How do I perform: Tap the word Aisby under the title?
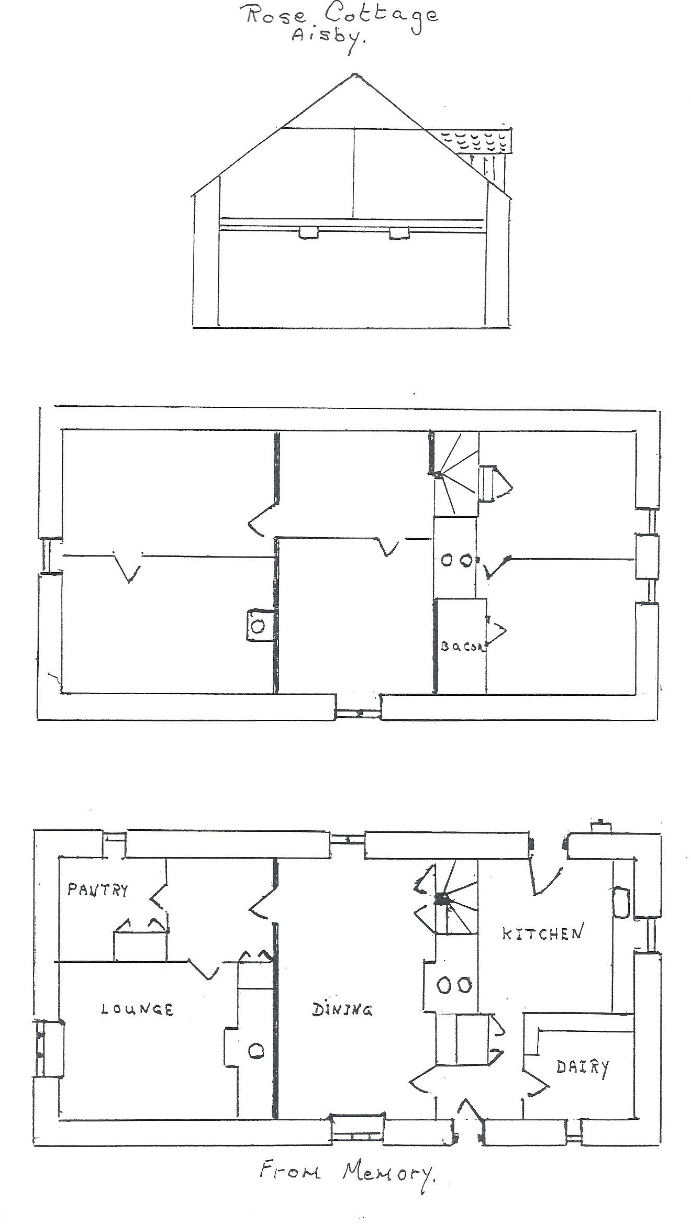coord(327,40)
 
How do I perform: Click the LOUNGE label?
coord(137,1009)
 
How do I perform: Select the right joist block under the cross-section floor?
coord(399,232)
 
